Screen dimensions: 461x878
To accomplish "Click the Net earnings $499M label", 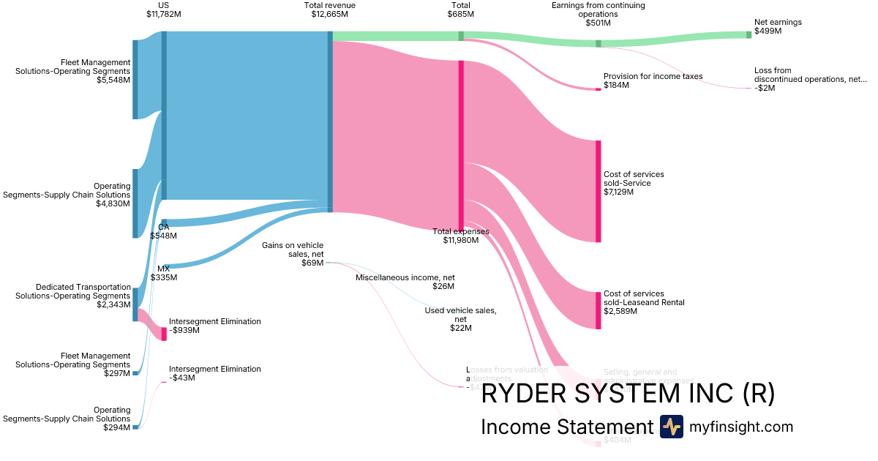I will click(778, 27).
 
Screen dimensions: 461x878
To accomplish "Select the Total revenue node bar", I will click(330, 121).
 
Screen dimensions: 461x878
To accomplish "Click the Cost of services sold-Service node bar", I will click(598, 191).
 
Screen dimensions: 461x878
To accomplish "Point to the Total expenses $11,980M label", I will click(461, 236).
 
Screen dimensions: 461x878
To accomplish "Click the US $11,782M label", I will click(163, 10).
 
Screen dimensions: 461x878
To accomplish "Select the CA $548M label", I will click(163, 231).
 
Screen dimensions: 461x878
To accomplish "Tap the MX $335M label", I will click(163, 273).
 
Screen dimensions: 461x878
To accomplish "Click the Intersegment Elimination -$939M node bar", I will click(164, 334).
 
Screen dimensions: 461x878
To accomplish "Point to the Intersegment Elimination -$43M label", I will click(214, 373).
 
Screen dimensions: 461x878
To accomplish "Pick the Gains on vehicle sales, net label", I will click(293, 254).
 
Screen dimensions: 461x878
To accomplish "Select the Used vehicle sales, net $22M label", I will click(460, 319).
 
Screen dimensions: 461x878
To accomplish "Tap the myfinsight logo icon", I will click(671, 427).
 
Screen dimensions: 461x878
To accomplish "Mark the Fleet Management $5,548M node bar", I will click(135, 79).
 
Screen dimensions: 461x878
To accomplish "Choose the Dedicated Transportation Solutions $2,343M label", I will click(83, 296).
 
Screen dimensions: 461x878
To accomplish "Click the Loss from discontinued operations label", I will click(810, 79).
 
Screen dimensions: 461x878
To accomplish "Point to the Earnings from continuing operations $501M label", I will click(598, 14).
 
